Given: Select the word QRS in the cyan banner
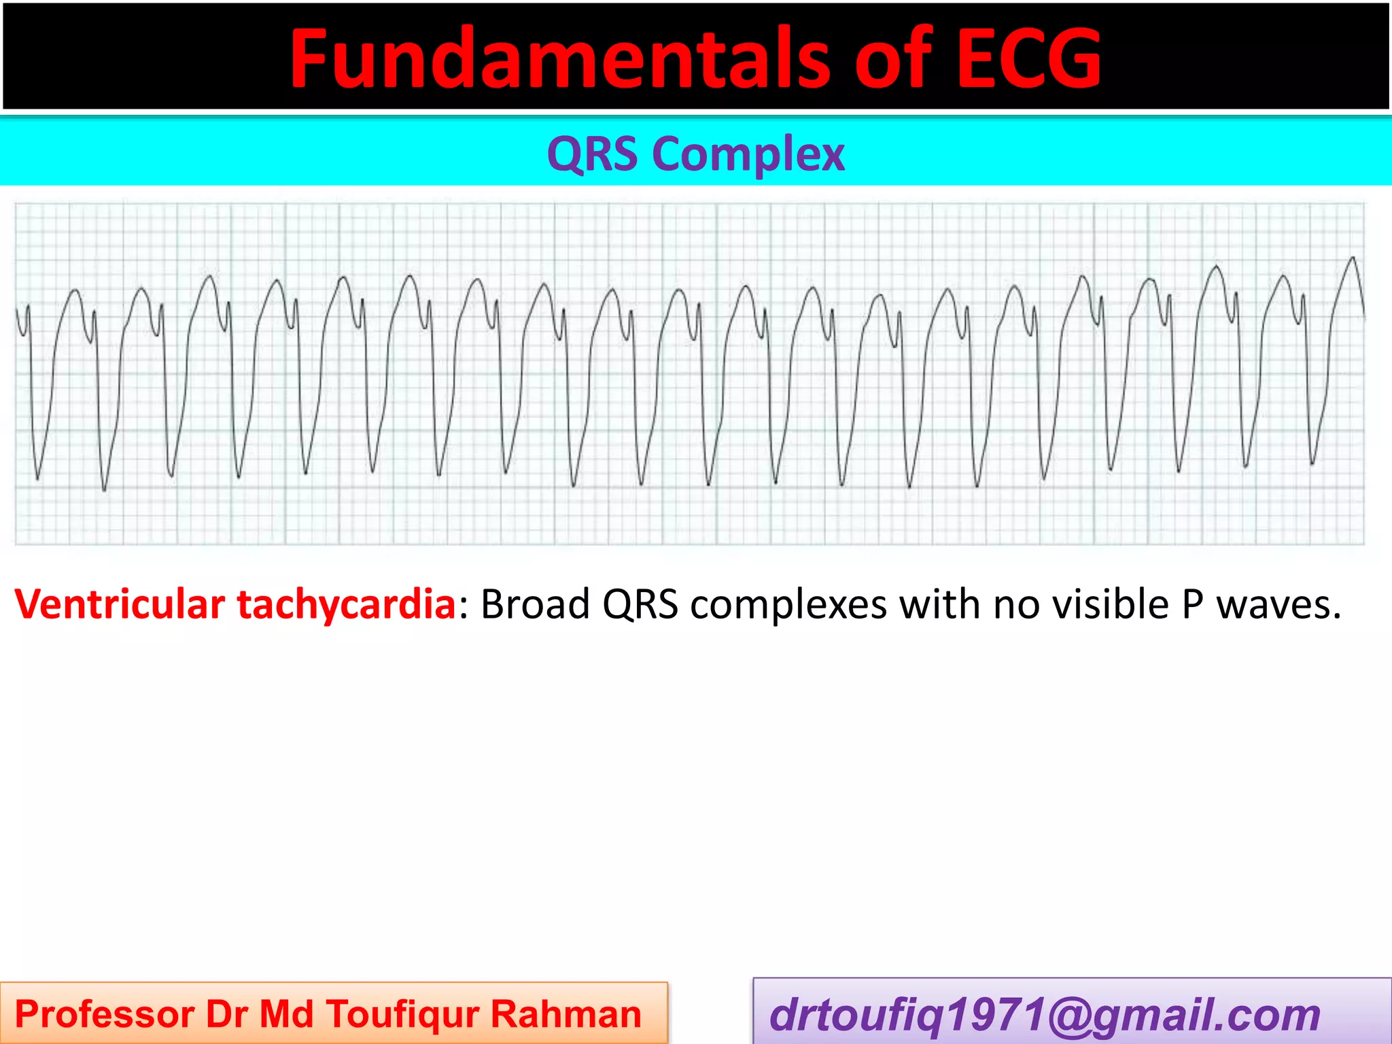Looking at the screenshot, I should point(592,154).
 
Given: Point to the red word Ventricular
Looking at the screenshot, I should point(120,604).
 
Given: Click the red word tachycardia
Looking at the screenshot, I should point(346,605).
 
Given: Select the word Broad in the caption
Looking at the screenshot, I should point(535,604).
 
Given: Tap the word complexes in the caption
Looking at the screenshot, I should point(788,605).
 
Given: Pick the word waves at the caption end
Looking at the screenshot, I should point(1278,604).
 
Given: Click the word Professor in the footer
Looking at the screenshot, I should point(104,1015).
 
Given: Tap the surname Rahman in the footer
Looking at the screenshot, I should point(566,1015).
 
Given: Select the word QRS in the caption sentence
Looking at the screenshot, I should point(640,604).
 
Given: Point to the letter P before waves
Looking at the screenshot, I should point(1193,604).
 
